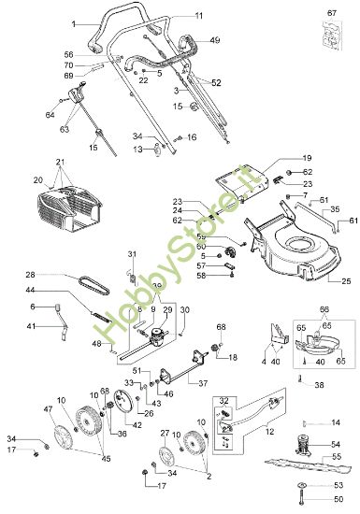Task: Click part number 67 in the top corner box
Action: (330, 12)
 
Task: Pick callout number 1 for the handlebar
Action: (74, 21)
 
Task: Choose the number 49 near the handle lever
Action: (215, 41)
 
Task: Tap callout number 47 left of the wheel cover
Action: (49, 410)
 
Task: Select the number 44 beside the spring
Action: (58, 292)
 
